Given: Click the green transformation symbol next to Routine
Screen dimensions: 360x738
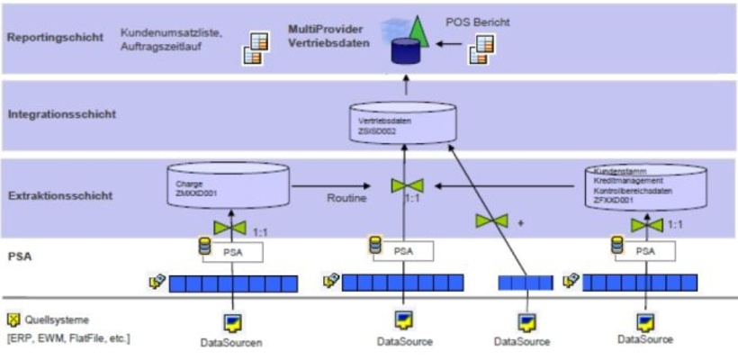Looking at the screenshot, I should pyautogui.click(x=406, y=186).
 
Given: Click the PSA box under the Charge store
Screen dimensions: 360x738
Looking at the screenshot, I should pyautogui.click(x=232, y=253).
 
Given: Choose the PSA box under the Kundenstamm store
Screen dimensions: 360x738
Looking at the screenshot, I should pyautogui.click(x=644, y=253).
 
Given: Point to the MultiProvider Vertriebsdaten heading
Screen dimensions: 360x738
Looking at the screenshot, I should pyautogui.click(x=329, y=36).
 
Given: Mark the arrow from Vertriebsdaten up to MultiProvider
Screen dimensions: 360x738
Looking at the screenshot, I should pyautogui.click(x=404, y=87).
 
